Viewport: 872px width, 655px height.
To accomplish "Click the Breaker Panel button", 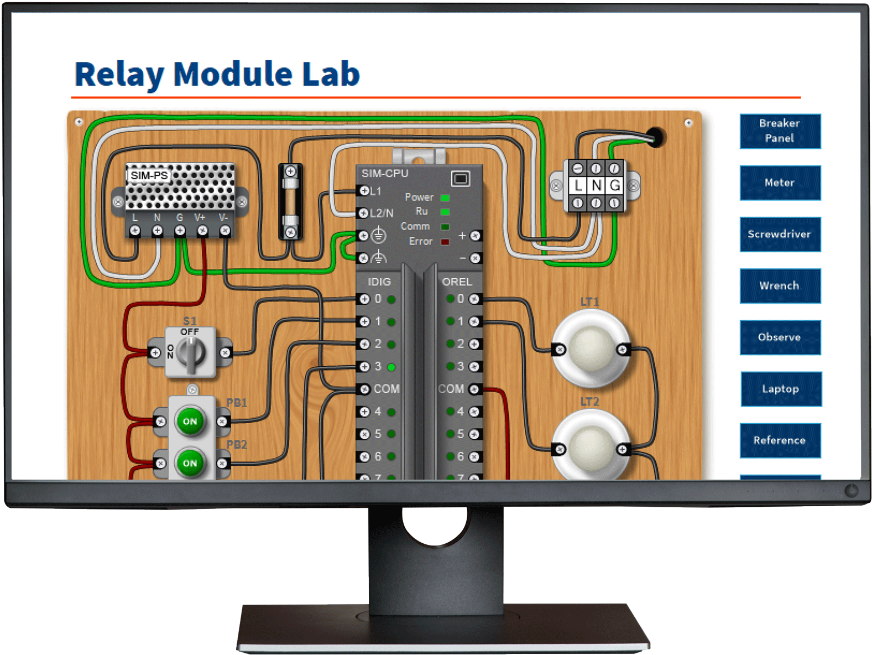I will tap(780, 131).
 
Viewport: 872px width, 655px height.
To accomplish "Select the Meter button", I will tap(780, 183).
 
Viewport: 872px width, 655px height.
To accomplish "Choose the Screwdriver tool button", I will tap(780, 234).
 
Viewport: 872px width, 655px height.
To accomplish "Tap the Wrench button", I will tap(780, 286).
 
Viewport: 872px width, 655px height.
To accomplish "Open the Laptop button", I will tap(780, 389).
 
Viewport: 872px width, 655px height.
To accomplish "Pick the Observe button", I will tap(780, 337).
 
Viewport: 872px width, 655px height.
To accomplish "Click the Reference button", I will tap(780, 440).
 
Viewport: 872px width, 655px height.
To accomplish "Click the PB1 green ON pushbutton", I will tap(190, 421).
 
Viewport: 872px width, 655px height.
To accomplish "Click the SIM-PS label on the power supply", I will tap(149, 175).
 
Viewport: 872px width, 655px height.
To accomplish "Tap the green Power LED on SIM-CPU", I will tap(445, 197).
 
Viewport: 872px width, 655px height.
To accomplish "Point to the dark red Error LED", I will tap(445, 242).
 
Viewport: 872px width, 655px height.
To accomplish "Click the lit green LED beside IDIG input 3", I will tap(391, 367).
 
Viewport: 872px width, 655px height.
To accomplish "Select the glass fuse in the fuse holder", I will tap(290, 202).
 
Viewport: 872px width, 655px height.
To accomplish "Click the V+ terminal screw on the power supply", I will tap(202, 230).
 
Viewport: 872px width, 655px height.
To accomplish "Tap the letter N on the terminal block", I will tap(596, 185).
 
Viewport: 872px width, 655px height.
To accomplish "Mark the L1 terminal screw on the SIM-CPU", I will tap(364, 191).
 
